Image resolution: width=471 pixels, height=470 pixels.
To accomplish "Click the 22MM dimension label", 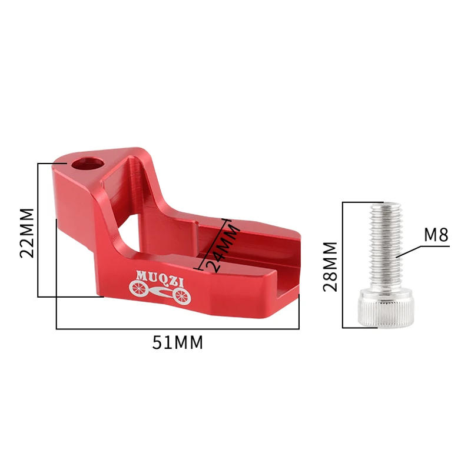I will pos(27,233).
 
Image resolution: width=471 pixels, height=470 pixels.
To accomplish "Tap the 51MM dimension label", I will pos(178,342).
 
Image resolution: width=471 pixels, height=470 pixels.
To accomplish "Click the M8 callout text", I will pos(436,235).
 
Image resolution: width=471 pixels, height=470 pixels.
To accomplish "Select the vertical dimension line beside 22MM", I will pos(38,229).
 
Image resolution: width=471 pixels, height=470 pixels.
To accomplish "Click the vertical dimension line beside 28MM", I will pos(343,265).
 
